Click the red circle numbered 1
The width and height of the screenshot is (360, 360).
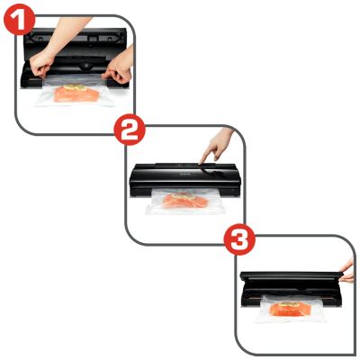pos(20,20)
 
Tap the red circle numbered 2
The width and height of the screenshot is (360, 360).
pos(130,130)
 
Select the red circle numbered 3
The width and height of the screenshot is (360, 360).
pos(240,239)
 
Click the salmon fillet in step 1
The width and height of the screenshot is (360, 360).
pos(76,94)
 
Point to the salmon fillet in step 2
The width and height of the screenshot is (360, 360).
pos(184,202)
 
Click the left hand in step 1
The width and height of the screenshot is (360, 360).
pos(41,66)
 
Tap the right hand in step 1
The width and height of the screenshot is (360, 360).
pos(120,67)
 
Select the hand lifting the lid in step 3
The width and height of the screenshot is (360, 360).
pos(347,272)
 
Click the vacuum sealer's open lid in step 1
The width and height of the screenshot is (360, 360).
pos(75,42)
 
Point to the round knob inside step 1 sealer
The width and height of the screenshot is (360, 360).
pos(85,67)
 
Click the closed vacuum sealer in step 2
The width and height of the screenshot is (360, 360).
pos(184,179)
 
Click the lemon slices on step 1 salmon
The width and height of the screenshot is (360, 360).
pos(76,87)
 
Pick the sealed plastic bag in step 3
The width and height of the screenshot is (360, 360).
pos(289,309)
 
